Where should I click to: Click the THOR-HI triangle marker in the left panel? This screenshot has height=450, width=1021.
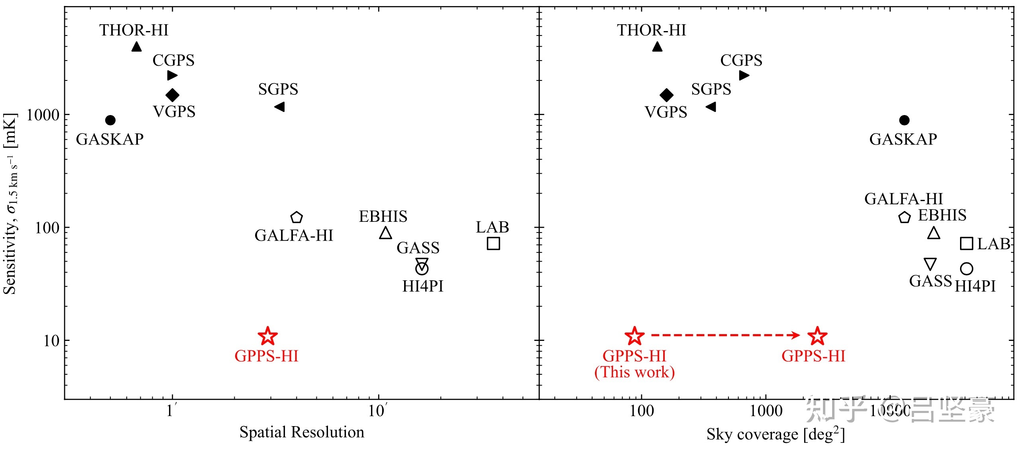click(x=136, y=47)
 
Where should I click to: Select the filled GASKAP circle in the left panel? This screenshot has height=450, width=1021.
click(x=110, y=120)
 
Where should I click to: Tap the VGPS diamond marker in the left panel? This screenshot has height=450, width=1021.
click(x=172, y=95)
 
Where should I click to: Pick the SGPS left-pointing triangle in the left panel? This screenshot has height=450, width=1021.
click(x=280, y=107)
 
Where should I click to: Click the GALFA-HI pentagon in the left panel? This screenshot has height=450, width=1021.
click(x=296, y=217)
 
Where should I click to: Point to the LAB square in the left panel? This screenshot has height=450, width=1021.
click(x=493, y=243)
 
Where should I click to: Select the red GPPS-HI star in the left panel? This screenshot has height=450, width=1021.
click(x=268, y=336)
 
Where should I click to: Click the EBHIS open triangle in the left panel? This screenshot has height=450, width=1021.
click(x=385, y=233)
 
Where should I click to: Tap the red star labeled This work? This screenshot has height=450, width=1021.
click(x=634, y=336)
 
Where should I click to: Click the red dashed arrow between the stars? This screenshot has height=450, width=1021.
click(x=725, y=335)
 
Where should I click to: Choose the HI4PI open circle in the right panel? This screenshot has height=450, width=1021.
click(x=966, y=269)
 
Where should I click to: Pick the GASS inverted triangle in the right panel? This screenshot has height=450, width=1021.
click(x=930, y=264)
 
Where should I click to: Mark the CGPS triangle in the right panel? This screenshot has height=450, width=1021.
click(x=744, y=75)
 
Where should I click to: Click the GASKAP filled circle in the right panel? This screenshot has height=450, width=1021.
click(x=904, y=120)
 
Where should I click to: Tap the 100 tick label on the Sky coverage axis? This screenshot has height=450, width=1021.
click(x=642, y=411)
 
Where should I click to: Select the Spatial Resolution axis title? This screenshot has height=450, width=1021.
click(x=302, y=432)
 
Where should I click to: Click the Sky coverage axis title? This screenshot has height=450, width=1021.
click(x=776, y=434)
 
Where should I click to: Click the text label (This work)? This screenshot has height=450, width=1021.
click(x=634, y=372)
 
